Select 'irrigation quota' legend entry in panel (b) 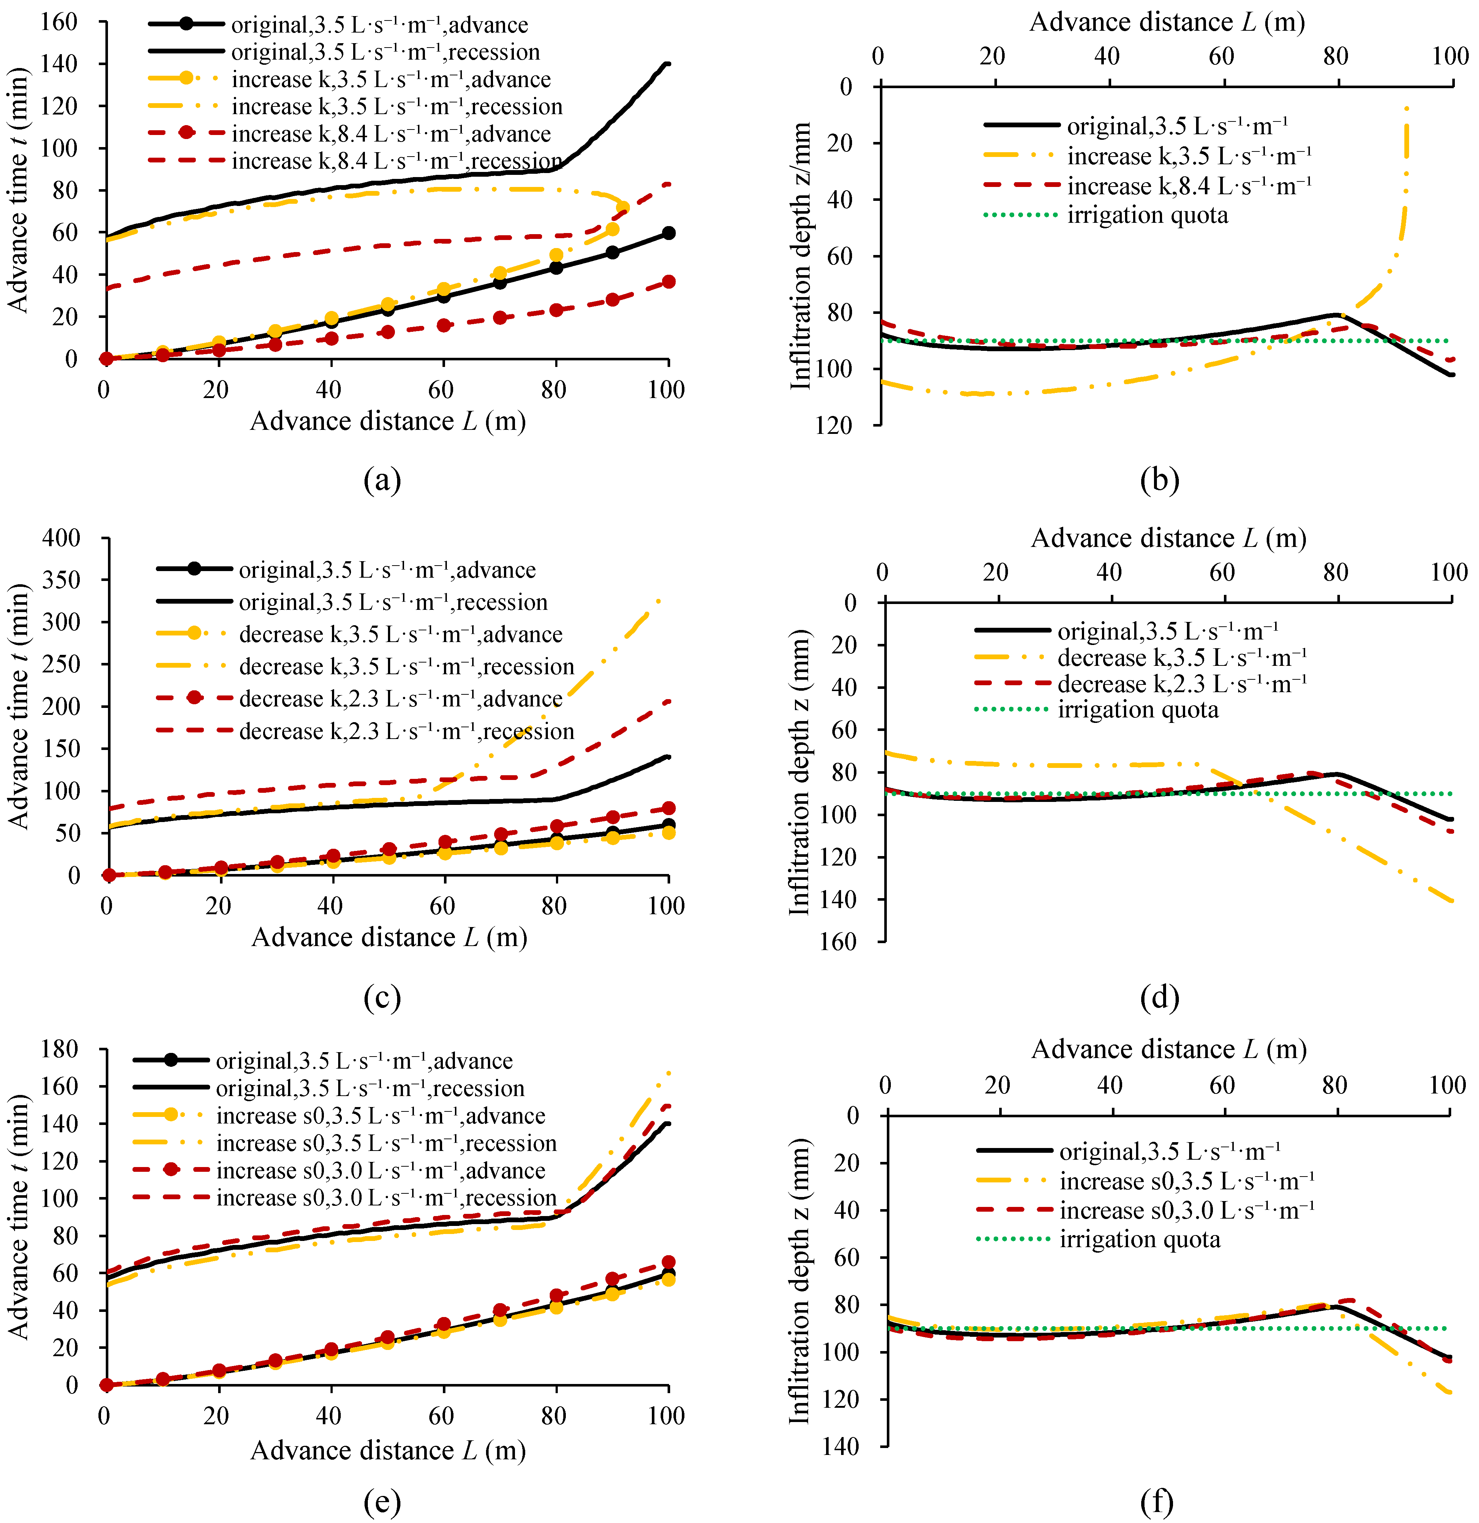(1147, 215)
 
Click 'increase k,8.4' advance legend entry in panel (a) (391, 134)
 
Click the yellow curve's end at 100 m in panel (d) (1451, 901)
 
